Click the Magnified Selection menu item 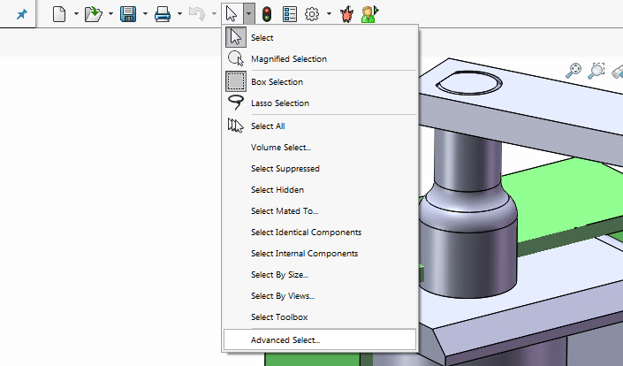click(x=288, y=59)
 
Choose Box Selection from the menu click(x=277, y=82)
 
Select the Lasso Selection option click(x=279, y=103)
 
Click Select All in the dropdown click(x=268, y=126)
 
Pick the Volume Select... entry click(x=280, y=148)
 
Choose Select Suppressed click(x=285, y=169)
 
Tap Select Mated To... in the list click(x=284, y=211)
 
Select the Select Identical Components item click(x=306, y=233)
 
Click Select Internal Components click(x=304, y=254)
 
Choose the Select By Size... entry click(x=279, y=275)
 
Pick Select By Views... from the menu click(x=282, y=296)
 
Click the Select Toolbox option click(x=279, y=317)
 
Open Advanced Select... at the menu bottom click(x=285, y=339)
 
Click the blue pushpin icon click(x=21, y=14)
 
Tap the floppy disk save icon click(x=127, y=14)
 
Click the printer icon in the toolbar click(x=163, y=14)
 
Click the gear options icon click(x=312, y=14)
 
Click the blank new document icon click(x=59, y=14)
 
